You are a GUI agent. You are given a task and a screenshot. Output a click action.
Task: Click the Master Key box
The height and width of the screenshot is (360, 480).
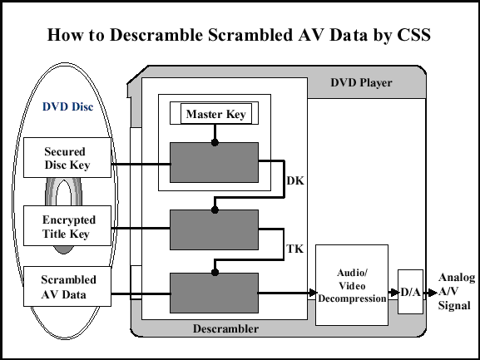pyautogui.click(x=216, y=113)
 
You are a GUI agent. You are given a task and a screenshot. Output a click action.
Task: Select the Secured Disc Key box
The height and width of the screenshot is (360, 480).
pyautogui.click(x=67, y=157)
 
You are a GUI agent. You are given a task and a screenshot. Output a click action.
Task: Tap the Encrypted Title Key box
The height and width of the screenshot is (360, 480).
pyautogui.click(x=67, y=225)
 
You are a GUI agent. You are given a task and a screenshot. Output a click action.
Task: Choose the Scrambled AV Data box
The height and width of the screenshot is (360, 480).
pyautogui.click(x=67, y=286)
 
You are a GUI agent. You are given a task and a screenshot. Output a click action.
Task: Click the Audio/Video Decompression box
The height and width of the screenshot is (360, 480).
pyautogui.click(x=352, y=285)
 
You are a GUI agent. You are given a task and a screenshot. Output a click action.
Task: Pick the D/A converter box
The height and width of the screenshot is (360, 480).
pyautogui.click(x=410, y=292)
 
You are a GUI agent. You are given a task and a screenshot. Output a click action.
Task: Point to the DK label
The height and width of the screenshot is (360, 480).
pyautogui.click(x=295, y=180)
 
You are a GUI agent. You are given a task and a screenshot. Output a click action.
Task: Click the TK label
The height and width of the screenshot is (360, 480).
pyautogui.click(x=294, y=249)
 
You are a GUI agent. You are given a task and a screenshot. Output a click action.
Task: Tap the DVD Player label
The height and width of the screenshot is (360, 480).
pyautogui.click(x=361, y=83)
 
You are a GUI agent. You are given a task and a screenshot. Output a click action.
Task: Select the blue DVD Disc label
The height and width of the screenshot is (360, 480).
pyautogui.click(x=67, y=106)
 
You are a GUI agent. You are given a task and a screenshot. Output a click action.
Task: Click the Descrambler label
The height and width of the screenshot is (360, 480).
pyautogui.click(x=225, y=328)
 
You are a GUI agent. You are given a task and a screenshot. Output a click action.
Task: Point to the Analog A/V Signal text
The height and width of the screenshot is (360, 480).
pyautogui.click(x=457, y=292)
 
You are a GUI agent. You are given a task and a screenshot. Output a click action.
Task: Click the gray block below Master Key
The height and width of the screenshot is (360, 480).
pyautogui.click(x=214, y=162)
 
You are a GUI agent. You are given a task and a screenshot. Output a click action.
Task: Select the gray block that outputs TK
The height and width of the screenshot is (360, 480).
pyautogui.click(x=214, y=229)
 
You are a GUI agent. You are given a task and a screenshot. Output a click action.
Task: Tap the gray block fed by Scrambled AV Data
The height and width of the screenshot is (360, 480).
pyautogui.click(x=214, y=293)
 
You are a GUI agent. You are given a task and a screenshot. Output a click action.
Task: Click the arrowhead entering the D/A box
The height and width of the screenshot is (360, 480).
pyautogui.click(x=394, y=293)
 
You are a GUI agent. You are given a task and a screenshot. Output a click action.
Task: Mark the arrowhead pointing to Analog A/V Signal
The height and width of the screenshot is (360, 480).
pyautogui.click(x=433, y=293)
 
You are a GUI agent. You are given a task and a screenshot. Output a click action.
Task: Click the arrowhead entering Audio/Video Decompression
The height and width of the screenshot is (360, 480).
pyautogui.click(x=313, y=293)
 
